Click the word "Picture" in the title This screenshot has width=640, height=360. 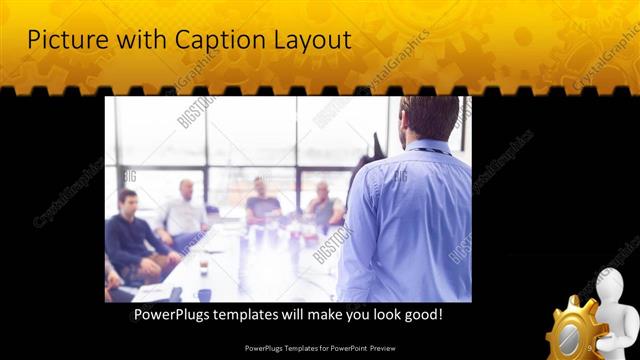point(62,41)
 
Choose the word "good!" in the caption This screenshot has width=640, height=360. point(422,314)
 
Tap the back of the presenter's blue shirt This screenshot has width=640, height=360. point(415,220)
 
